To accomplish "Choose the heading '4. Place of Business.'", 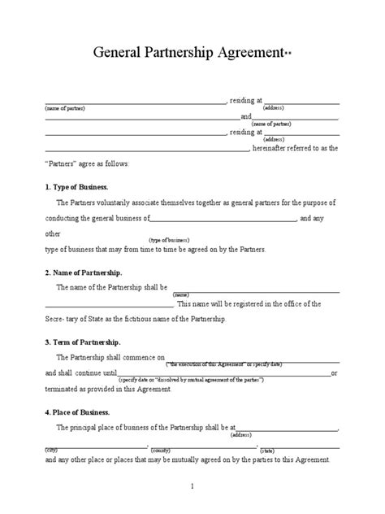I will coord(78,412).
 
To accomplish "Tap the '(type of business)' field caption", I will coord(168,241).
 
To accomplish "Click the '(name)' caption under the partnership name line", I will coord(180,294).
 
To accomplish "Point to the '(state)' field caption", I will coord(267,448).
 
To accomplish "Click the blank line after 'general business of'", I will coord(224,219).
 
